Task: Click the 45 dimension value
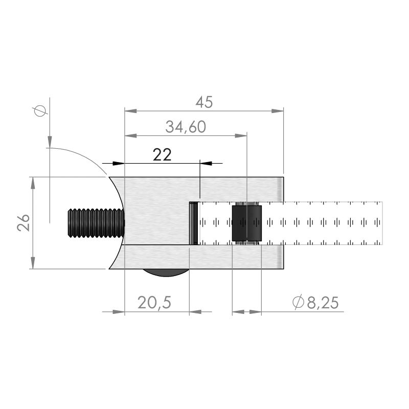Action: (x=204, y=102)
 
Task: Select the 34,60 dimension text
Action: (x=186, y=127)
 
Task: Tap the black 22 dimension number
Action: (x=162, y=155)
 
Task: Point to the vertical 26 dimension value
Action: (x=24, y=222)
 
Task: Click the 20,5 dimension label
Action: (x=154, y=303)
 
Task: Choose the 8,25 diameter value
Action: (x=323, y=303)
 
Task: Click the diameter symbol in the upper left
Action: (x=40, y=111)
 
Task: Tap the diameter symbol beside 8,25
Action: (x=299, y=302)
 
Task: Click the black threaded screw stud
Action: (x=96, y=223)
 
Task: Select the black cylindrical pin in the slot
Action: (x=247, y=223)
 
